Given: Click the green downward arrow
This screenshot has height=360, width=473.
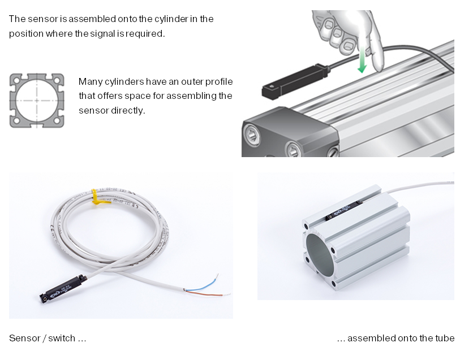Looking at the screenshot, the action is [362, 60].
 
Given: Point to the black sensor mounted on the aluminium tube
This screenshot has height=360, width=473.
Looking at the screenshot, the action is [344, 209].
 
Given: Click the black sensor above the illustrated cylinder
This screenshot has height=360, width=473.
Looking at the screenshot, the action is [295, 81].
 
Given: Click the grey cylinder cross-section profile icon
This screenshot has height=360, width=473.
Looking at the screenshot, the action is [37, 101].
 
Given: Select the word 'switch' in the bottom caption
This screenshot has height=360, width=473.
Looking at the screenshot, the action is [62, 338].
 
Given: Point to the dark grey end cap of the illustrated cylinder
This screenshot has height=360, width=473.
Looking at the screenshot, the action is [290, 133].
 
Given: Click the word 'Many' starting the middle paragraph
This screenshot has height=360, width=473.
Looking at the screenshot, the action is [91, 81].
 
